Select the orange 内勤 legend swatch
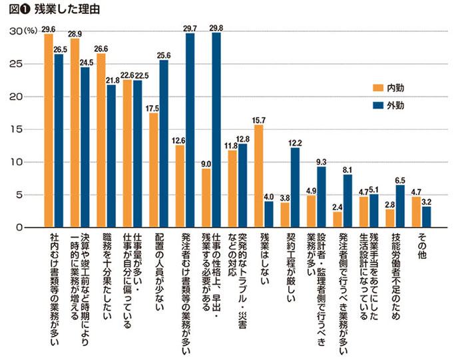coord(377,87)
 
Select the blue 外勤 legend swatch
coord(377,105)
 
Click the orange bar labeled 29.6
coord(49,130)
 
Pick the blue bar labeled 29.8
coord(216,130)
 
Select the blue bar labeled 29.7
coord(190,130)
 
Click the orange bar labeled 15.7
coord(259,176)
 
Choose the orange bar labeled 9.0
coord(206,198)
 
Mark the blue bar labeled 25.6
coord(163,144)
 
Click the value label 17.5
coord(153,107)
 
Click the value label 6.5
coord(400,179)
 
